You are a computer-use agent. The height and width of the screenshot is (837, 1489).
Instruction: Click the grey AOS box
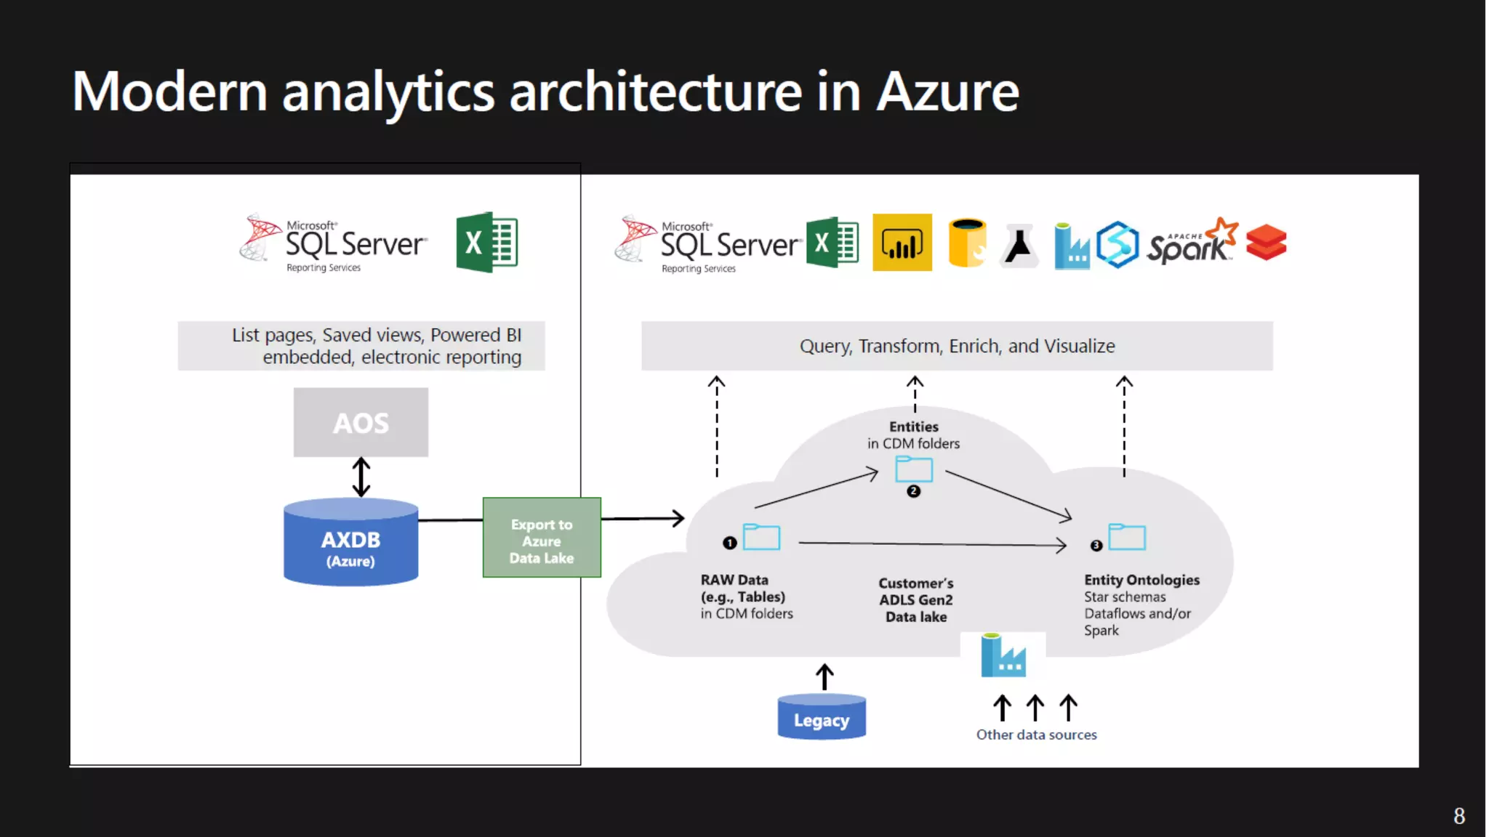pyautogui.click(x=361, y=422)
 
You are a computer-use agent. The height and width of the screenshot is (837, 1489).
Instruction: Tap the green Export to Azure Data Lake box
pyautogui.click(x=542, y=538)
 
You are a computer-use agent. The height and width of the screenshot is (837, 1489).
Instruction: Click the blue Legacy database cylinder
pyautogui.click(x=822, y=717)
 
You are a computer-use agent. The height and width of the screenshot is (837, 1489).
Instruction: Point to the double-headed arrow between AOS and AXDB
pyautogui.click(x=361, y=477)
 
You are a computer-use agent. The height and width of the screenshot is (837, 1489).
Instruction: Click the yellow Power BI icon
pyautogui.click(x=902, y=243)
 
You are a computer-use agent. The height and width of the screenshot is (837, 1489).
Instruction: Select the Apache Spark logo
pyautogui.click(x=1191, y=243)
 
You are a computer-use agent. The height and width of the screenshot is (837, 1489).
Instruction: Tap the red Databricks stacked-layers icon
pyautogui.click(x=1266, y=243)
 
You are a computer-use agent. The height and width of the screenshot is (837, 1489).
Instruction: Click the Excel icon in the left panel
pyautogui.click(x=486, y=243)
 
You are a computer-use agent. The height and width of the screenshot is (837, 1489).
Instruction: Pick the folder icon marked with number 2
pyautogui.click(x=914, y=469)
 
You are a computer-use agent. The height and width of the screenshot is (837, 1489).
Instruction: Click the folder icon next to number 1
pyautogui.click(x=761, y=537)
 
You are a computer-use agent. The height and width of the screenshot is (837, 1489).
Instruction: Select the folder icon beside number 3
pyautogui.click(x=1127, y=537)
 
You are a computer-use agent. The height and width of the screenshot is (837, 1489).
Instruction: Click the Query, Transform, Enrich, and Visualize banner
pyautogui.click(x=957, y=346)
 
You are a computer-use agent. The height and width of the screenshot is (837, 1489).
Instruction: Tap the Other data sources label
pyautogui.click(x=1036, y=735)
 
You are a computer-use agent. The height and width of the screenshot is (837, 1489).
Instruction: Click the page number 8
pyautogui.click(x=1458, y=816)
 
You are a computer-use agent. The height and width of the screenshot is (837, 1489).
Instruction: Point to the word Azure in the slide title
pyautogui.click(x=947, y=92)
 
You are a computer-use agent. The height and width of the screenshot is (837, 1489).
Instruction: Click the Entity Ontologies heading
pyautogui.click(x=1141, y=580)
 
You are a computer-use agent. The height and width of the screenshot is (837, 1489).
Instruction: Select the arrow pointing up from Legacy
pyautogui.click(x=824, y=676)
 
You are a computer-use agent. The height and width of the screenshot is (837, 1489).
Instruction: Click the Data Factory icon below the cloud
pyautogui.click(x=1003, y=655)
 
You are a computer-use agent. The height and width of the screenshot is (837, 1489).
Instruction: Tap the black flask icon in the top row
pyautogui.click(x=1019, y=245)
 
